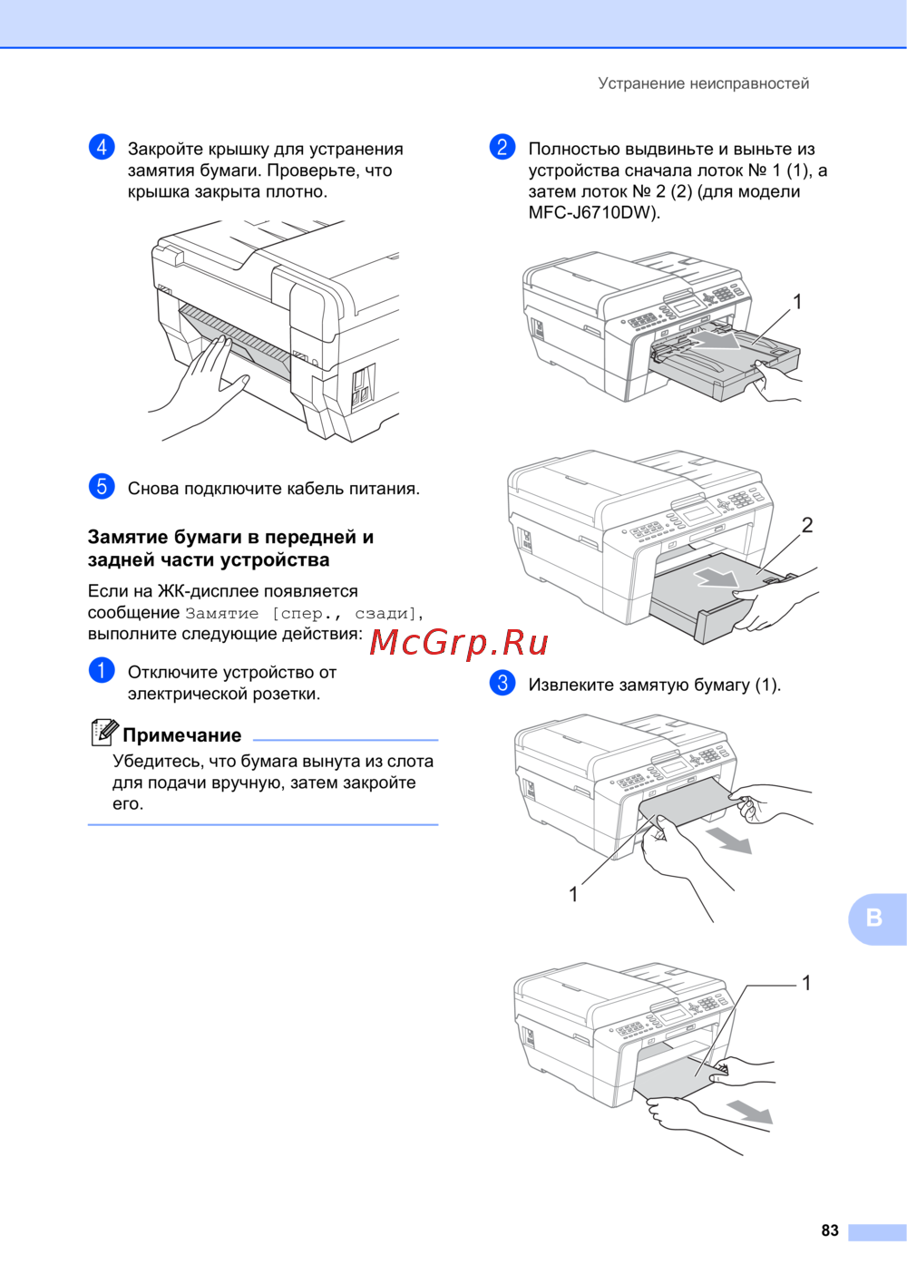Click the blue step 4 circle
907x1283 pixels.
(102, 147)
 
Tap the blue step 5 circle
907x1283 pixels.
(102, 486)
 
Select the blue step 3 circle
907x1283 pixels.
(502, 683)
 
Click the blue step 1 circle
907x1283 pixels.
(102, 670)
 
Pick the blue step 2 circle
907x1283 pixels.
(502, 147)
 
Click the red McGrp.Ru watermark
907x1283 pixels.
(459, 644)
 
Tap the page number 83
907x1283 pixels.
(830, 1230)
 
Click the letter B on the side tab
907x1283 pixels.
(873, 918)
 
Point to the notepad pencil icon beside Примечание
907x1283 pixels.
(104, 733)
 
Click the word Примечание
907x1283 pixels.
(181, 735)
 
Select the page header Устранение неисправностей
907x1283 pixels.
(704, 83)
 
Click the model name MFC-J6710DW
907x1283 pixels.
(590, 213)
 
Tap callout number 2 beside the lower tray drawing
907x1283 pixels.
(807, 525)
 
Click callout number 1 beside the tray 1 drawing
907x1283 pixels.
(797, 302)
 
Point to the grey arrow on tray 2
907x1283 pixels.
(717, 577)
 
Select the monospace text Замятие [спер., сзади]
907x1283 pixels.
(301, 614)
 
